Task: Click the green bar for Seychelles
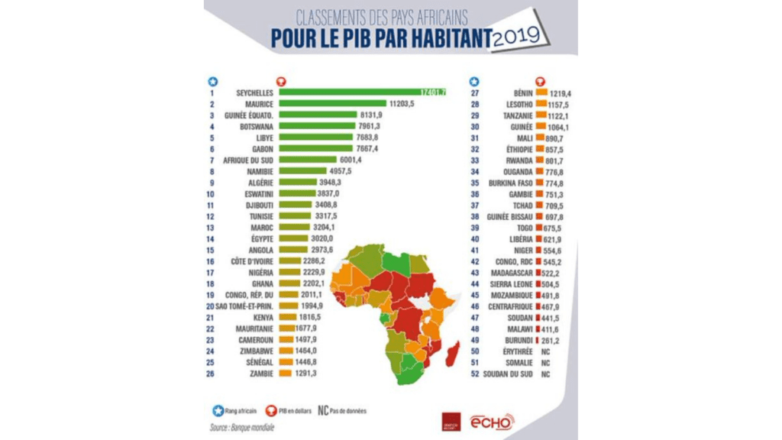click(351, 92)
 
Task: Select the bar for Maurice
click(332, 103)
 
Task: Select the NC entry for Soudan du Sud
click(544, 374)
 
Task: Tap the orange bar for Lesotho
click(541, 103)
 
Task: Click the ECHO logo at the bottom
click(492, 421)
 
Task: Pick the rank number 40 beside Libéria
click(474, 238)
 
